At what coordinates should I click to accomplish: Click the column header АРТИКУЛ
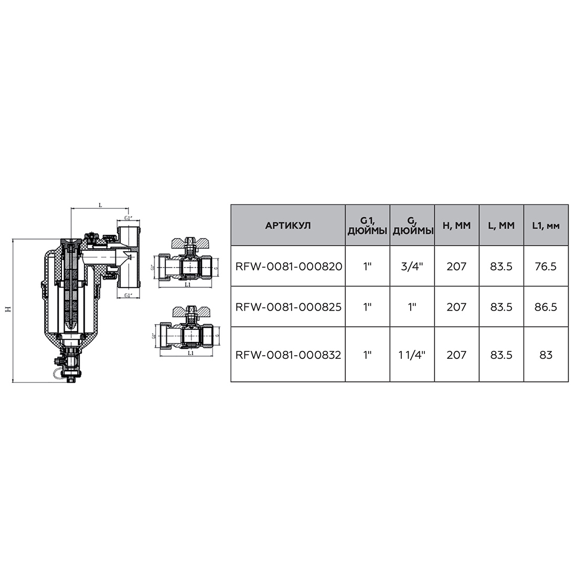288,225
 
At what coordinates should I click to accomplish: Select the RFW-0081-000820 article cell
289,266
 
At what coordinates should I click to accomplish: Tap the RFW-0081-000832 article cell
288,355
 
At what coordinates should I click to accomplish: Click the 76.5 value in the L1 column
546,266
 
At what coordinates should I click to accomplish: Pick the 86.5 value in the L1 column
546,306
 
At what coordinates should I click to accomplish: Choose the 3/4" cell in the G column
412,266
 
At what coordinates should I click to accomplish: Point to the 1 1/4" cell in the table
412,355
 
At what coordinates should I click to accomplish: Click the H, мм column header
457,225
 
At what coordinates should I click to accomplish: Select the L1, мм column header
546,225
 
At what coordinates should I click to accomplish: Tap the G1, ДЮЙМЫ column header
367,226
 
